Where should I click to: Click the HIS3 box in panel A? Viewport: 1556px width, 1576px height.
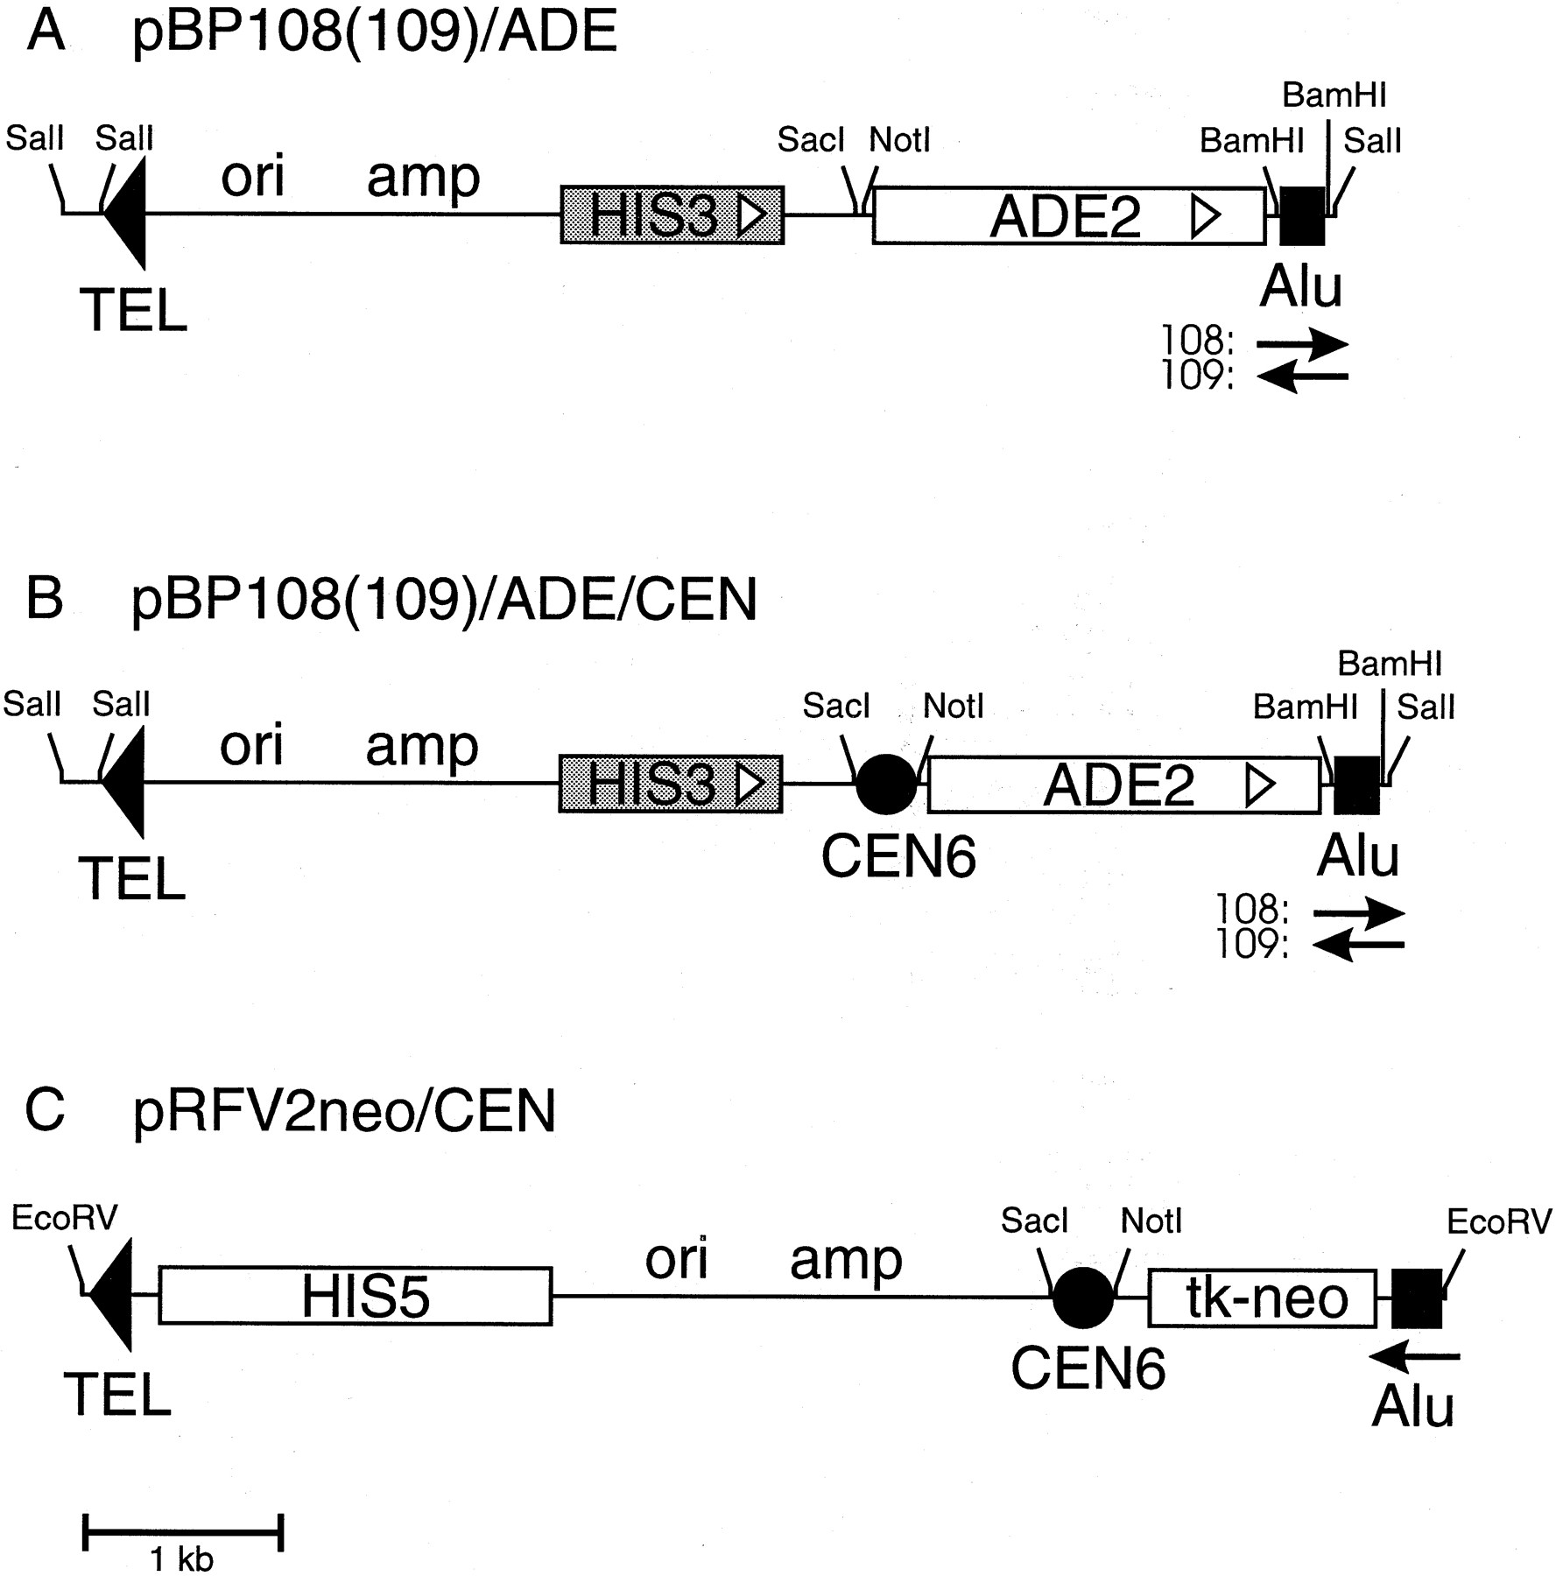pos(672,215)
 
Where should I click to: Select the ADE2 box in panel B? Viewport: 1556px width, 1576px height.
pos(1123,785)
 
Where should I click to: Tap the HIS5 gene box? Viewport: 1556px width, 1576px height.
pos(356,1296)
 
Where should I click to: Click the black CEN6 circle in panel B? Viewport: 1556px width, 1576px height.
pos(886,784)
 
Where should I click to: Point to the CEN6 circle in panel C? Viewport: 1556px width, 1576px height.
pos(1082,1297)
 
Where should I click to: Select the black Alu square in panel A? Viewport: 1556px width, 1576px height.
pos(1302,215)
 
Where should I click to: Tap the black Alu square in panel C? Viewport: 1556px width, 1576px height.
pos(1417,1298)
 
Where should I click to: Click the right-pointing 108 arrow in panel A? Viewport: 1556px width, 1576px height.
pos(1302,344)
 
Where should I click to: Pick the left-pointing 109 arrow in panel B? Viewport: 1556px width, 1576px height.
pos(1359,945)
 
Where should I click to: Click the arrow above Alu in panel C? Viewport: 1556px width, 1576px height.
pos(1415,1356)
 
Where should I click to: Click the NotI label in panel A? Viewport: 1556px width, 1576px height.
pos(899,139)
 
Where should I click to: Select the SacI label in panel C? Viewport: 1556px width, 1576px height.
pos(1034,1221)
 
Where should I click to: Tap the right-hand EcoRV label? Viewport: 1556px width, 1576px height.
pos(1499,1221)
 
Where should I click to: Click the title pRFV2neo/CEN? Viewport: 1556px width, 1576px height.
pos(344,1113)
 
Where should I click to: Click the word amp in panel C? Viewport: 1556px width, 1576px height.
pos(846,1262)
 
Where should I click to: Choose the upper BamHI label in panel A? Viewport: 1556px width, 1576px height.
pos(1334,95)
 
